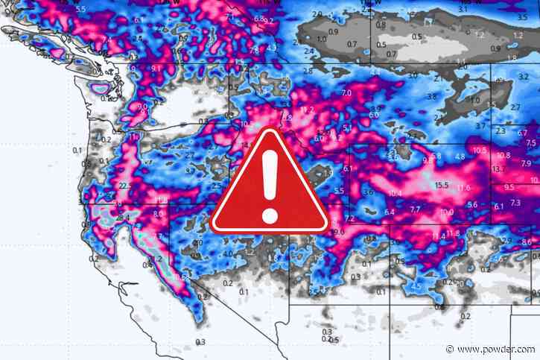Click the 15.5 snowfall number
(443, 185)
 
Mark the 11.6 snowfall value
(464, 187)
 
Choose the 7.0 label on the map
(346, 93)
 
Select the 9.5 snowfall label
(509, 187)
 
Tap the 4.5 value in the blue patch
(418, 286)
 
